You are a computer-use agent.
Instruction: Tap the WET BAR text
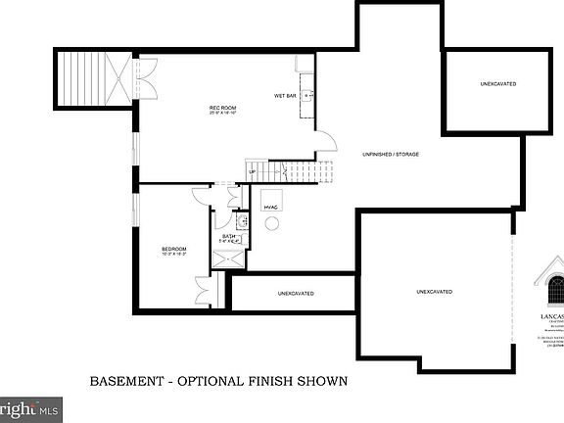[x=285, y=96]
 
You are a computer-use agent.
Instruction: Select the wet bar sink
[x=305, y=95]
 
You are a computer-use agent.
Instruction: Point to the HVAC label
[x=271, y=206]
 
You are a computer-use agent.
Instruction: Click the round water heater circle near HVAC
[x=272, y=223]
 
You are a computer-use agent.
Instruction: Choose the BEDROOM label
[x=173, y=250]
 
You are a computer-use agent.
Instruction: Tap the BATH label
[x=228, y=236]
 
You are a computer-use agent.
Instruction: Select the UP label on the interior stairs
[x=253, y=172]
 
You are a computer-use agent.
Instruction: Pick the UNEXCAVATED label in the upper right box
[x=498, y=85]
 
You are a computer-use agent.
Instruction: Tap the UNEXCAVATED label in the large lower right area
[x=434, y=291]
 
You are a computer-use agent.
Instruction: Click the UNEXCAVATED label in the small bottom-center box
[x=295, y=293]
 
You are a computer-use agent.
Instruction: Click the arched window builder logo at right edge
[x=555, y=288]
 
